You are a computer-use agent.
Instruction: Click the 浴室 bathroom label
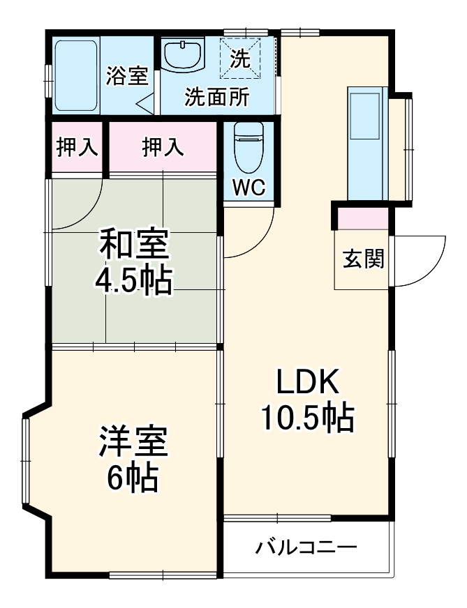126,76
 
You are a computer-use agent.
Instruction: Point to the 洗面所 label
216,98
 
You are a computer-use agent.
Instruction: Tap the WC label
249,188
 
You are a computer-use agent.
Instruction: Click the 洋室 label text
133,443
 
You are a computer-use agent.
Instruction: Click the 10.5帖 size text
307,418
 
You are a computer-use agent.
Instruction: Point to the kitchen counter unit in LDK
366,143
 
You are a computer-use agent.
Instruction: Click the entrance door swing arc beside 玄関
426,258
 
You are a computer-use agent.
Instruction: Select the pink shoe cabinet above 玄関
363,218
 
